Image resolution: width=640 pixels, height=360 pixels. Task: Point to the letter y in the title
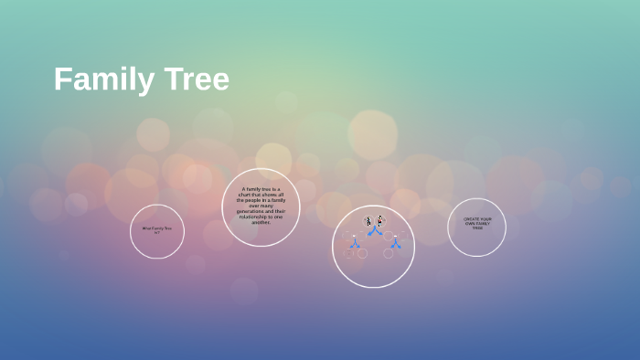click(x=149, y=82)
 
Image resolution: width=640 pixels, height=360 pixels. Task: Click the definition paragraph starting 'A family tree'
click(x=261, y=206)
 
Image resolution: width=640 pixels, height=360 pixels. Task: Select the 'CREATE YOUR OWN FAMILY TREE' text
click(x=476, y=223)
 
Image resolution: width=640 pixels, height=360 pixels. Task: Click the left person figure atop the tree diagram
click(x=368, y=221)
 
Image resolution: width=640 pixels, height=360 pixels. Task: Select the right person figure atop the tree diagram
click(x=379, y=221)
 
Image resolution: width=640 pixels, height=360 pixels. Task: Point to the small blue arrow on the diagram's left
click(x=355, y=243)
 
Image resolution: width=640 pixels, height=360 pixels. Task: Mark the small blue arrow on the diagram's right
click(x=395, y=243)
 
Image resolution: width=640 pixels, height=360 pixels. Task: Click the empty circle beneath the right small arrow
click(x=389, y=253)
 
